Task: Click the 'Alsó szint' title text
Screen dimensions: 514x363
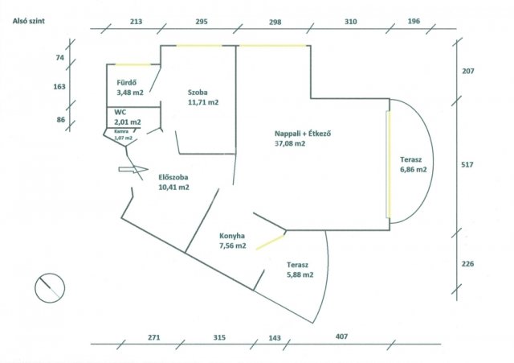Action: pyautogui.click(x=29, y=21)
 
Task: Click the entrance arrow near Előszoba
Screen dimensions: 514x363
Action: pyautogui.click(x=133, y=169)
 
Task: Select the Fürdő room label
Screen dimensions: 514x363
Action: pyautogui.click(x=127, y=83)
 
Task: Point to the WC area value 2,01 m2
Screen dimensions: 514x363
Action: pyautogui.click(x=128, y=122)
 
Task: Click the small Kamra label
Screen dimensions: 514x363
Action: pyautogui.click(x=121, y=131)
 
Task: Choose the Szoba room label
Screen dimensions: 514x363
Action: pyautogui.click(x=198, y=93)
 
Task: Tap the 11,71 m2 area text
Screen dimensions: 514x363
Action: pyautogui.click(x=203, y=102)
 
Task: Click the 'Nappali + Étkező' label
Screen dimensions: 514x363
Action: pyautogui.click(x=303, y=134)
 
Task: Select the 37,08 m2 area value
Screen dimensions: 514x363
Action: pyautogui.click(x=290, y=143)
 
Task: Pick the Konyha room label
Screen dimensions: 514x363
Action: pyautogui.click(x=232, y=236)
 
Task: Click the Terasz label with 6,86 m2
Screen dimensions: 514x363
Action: pyautogui.click(x=410, y=160)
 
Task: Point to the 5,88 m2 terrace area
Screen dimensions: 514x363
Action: pyautogui.click(x=300, y=274)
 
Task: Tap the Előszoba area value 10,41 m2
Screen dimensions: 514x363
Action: pyautogui.click(x=174, y=188)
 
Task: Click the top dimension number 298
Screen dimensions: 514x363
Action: pyautogui.click(x=275, y=22)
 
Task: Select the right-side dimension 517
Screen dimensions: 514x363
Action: pyautogui.click(x=467, y=164)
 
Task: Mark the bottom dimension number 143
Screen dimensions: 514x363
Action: pyautogui.click(x=275, y=338)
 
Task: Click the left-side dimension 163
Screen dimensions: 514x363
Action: pyautogui.click(x=59, y=87)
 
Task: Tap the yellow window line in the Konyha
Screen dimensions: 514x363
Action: pyautogui.click(x=270, y=242)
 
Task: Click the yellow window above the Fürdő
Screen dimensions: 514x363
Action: pyautogui.click(x=133, y=64)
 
